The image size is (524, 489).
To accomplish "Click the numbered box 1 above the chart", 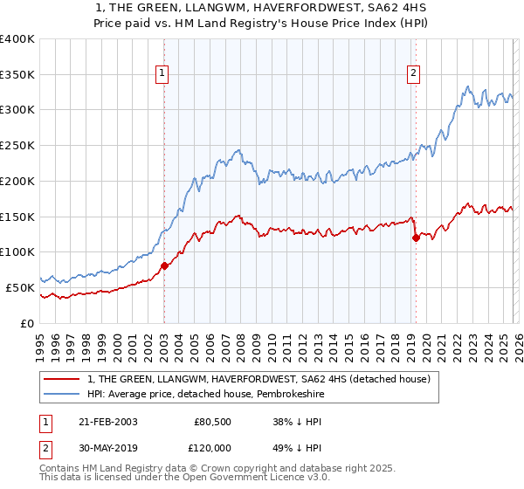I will click(163, 74).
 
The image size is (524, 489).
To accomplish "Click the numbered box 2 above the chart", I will click(412, 74).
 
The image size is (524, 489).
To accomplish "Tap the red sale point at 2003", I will click(164, 265).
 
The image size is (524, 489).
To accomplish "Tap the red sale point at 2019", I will click(416, 238).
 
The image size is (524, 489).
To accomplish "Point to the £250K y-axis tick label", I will click(17, 145).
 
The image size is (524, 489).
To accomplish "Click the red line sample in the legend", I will click(62, 380).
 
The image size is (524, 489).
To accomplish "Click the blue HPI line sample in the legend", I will click(62, 395).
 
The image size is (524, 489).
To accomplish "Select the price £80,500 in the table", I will click(212, 422).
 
